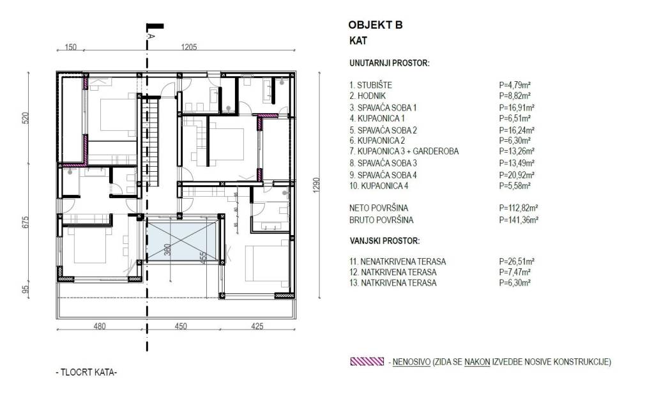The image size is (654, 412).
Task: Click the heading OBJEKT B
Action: tap(376, 26)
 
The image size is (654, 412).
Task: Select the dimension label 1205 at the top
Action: tap(190, 47)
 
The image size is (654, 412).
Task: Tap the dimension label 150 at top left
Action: tap(70, 47)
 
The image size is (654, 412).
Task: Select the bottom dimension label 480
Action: tap(99, 326)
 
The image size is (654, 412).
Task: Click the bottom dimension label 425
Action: tap(256, 326)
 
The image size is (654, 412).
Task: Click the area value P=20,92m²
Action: tap(517, 174)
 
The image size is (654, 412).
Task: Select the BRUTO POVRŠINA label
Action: tap(381, 220)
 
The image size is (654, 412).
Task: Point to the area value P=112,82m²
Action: tap(518, 208)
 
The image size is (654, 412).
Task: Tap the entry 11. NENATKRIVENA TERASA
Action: tap(397, 261)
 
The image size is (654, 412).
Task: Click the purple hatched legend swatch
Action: tap(367, 362)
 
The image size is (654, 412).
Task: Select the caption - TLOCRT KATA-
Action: tap(87, 372)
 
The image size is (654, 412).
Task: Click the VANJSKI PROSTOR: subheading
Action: tap(384, 241)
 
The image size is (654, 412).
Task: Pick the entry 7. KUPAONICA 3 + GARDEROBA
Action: tap(404, 151)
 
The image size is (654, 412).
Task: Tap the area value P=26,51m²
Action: tap(517, 261)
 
